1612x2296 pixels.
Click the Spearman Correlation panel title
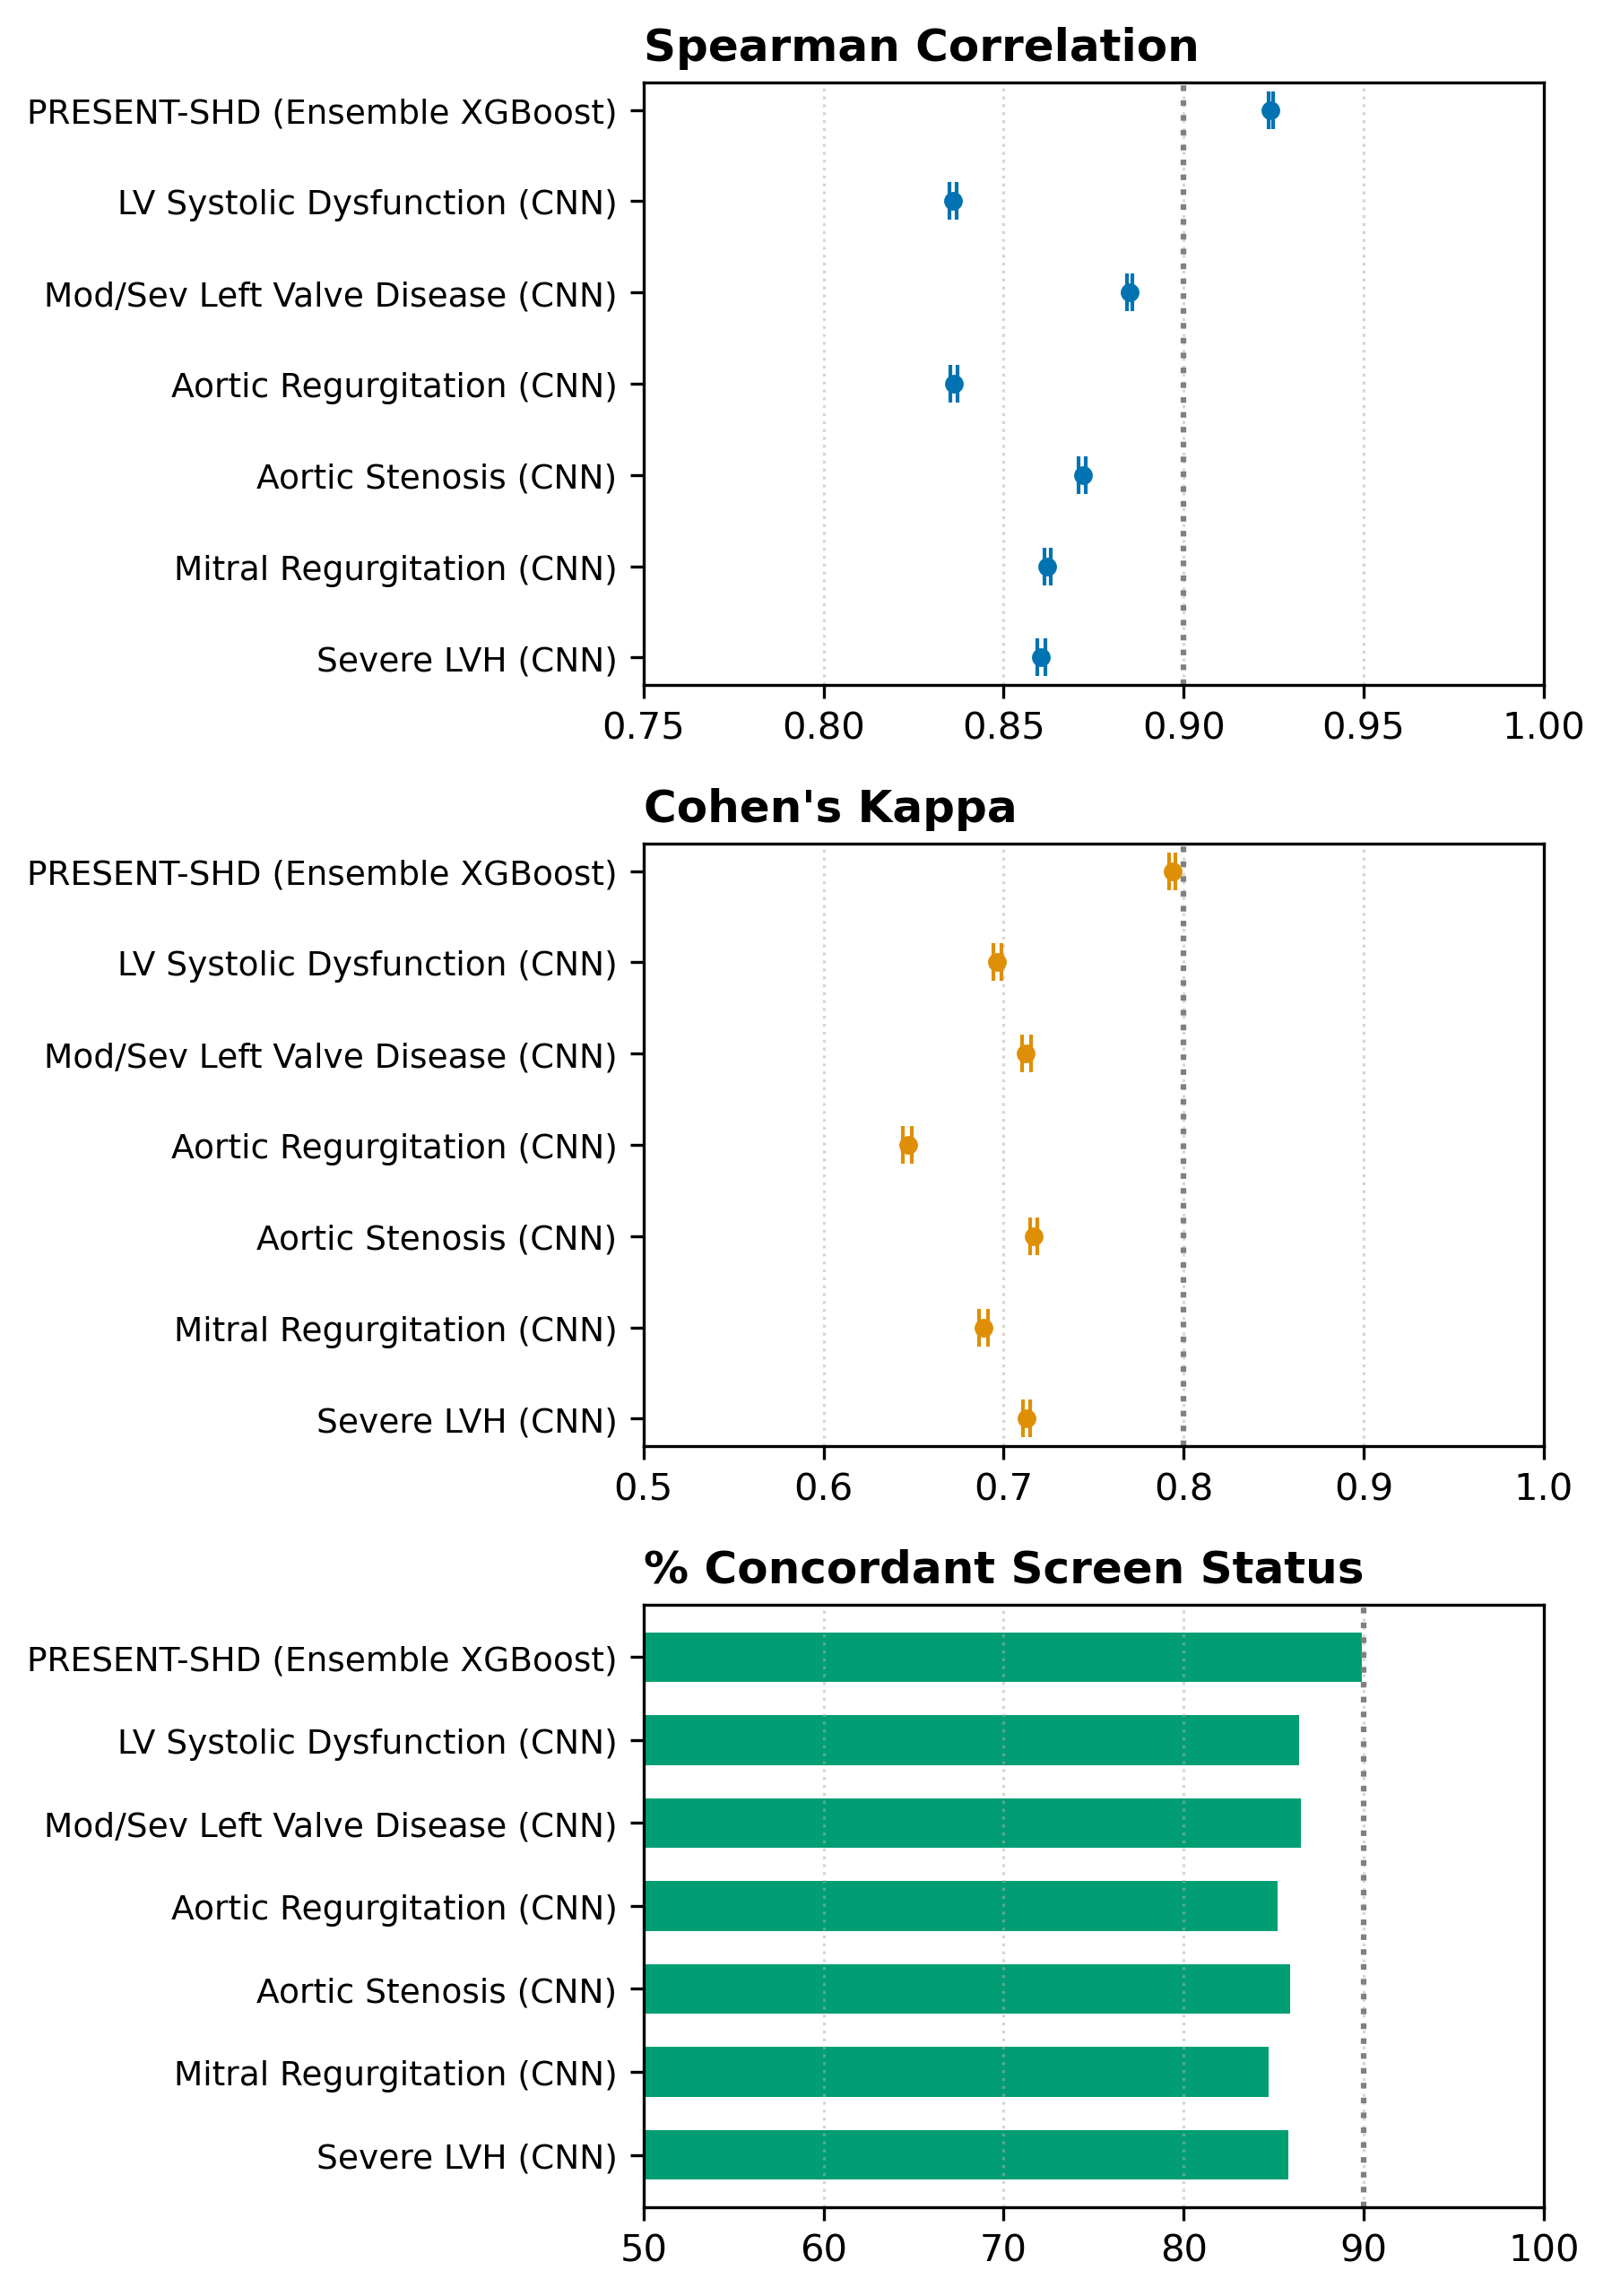[920, 47]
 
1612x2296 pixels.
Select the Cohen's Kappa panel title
[829, 808]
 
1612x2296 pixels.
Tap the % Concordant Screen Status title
[1002, 1568]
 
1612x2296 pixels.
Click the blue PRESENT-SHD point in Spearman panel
[1270, 111]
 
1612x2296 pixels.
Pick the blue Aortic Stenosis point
[1083, 476]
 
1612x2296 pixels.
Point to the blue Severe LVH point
[1041, 658]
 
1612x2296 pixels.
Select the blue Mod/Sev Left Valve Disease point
[1129, 293]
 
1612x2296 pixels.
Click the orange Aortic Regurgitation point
[908, 1145]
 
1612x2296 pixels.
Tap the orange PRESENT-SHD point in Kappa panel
[1172, 872]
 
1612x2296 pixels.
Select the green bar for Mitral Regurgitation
[955, 2072]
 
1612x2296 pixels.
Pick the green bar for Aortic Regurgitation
[960, 1906]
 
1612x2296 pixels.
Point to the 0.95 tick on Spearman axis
[1363, 727]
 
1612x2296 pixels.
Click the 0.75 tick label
[643, 727]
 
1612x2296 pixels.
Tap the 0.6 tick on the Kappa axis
[823, 1488]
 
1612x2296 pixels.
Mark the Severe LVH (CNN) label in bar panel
[466, 2157]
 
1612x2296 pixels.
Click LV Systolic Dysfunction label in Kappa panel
[367, 964]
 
